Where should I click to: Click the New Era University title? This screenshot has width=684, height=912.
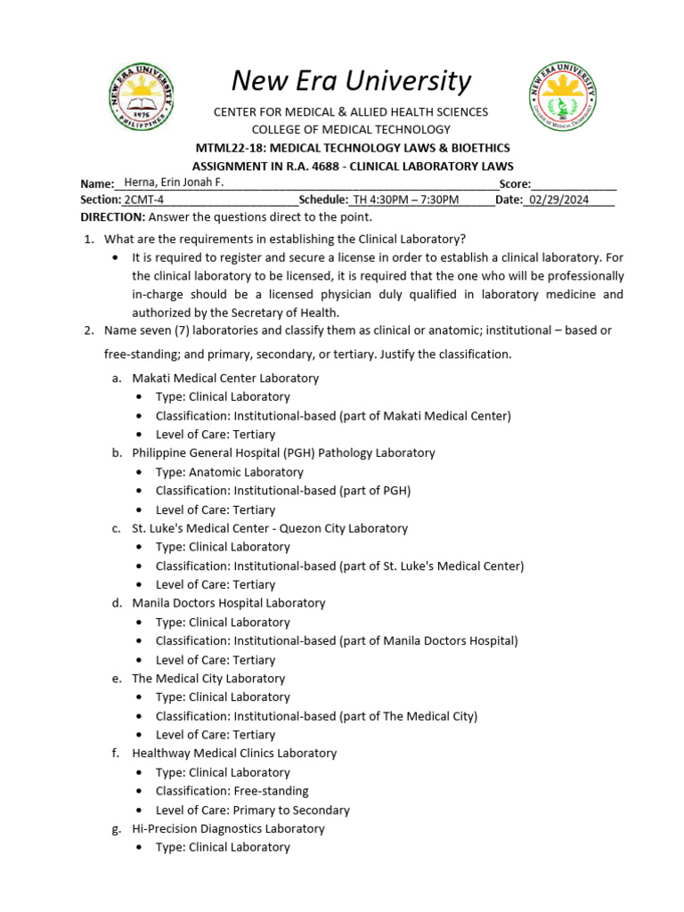[x=351, y=81]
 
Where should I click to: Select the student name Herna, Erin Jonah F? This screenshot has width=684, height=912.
[x=175, y=183]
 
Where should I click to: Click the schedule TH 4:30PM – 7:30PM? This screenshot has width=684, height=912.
[x=406, y=199]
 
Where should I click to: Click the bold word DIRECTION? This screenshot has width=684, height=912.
[x=112, y=217]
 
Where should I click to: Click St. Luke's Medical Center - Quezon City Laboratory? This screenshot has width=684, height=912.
[x=270, y=528]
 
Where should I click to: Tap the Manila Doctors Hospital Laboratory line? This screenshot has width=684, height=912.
[x=229, y=603]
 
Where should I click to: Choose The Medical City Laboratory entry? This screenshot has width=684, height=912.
[x=208, y=679]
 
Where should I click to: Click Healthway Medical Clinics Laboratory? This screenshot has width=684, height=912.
[x=234, y=753]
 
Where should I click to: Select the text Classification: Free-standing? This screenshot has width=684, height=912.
[x=232, y=791]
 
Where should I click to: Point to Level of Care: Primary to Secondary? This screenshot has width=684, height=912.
[x=252, y=810]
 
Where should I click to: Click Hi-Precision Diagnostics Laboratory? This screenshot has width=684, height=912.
[x=228, y=828]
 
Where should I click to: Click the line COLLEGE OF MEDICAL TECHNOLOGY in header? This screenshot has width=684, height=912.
[x=351, y=130]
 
